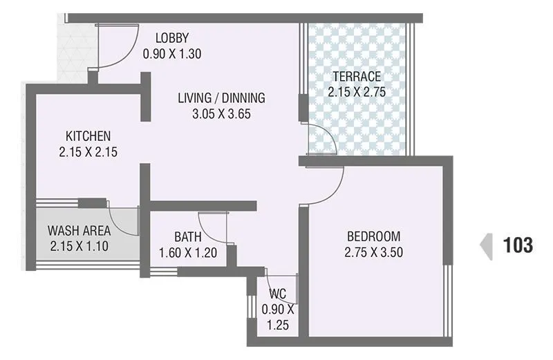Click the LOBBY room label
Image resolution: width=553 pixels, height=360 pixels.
172,38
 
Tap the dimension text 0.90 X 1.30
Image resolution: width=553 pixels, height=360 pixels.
172,53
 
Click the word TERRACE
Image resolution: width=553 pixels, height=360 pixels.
356,76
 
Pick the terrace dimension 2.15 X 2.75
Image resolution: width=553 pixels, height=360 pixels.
356,91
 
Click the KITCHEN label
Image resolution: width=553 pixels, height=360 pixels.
88,135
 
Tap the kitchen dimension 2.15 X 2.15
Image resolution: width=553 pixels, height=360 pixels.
88,151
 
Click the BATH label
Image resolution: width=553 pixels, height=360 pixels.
187,237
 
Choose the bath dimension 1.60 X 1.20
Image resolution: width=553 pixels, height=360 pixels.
187,252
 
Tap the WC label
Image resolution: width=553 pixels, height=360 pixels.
278,294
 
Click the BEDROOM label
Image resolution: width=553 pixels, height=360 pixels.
373,236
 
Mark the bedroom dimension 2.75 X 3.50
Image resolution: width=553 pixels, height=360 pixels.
373,252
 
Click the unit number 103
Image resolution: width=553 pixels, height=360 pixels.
518,245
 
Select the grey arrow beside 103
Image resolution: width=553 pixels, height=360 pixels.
487,245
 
